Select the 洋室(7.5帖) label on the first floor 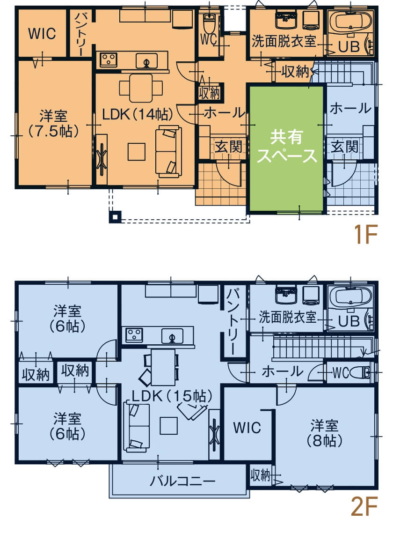(52, 123)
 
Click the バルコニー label (182, 481)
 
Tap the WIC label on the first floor (42, 34)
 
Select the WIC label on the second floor (247, 428)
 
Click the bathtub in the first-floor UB (350, 21)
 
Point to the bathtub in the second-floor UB (350, 296)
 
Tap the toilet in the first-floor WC (209, 21)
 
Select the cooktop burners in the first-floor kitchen (109, 59)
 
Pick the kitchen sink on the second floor (172, 335)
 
